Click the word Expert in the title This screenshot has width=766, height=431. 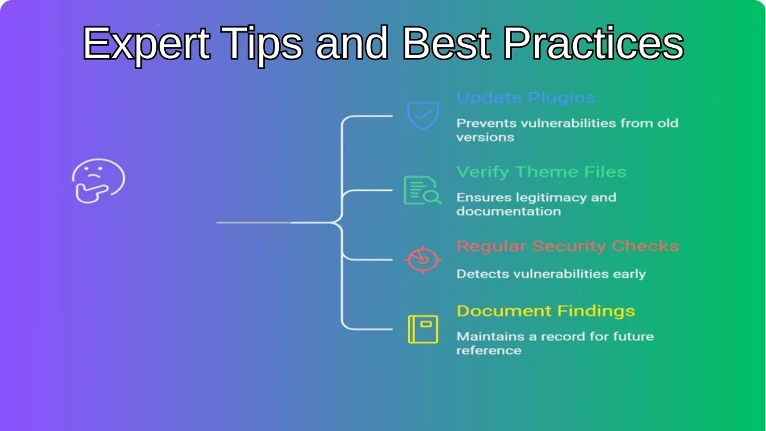146,45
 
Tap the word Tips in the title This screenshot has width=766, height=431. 262,45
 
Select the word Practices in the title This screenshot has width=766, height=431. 593,43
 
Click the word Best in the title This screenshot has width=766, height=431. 447,43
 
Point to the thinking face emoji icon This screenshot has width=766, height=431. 98,181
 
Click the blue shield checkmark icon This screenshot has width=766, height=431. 423,116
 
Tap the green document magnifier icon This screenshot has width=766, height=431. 423,190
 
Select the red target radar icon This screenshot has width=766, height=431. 423,260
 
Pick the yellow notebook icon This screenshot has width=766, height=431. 423,329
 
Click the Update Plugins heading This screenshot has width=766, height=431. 526,98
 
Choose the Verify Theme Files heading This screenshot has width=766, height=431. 541,172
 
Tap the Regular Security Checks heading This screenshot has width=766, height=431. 567,246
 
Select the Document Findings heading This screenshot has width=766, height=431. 546,312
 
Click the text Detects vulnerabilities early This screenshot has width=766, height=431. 551,274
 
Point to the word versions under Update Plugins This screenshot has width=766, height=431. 485,137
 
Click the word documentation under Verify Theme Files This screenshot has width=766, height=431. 509,211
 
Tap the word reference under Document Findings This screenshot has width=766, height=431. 489,351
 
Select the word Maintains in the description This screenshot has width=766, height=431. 491,336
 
